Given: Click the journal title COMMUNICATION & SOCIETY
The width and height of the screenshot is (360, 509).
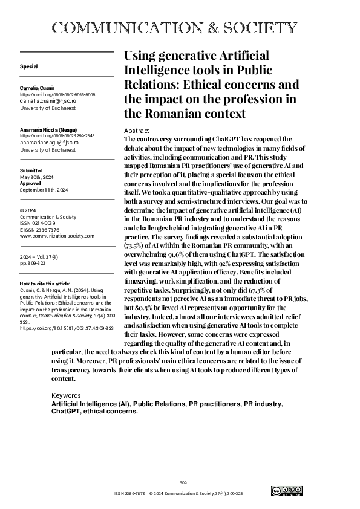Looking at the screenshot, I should tap(175, 28).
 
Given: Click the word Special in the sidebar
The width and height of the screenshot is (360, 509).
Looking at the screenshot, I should tap(28, 66).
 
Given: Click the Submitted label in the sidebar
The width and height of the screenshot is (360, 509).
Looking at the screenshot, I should tap(31, 171).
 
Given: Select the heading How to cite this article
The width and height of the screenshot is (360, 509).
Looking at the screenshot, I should tap(45, 283).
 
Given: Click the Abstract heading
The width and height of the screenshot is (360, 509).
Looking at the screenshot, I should tap(137, 131).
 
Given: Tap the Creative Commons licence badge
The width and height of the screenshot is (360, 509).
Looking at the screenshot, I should tap(286, 491).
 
